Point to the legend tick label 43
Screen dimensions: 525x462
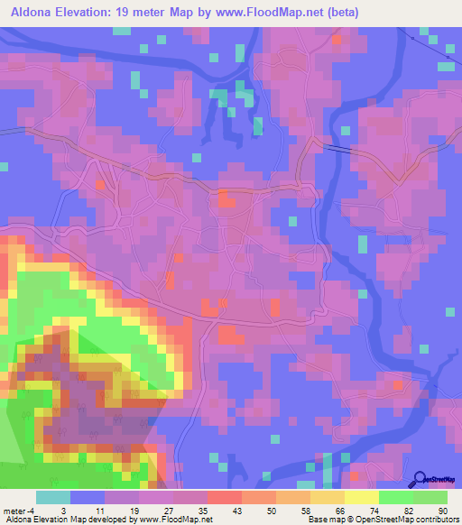pos(225,511)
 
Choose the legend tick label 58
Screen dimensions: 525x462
pos(293,511)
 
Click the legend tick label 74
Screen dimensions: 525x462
pos(362,511)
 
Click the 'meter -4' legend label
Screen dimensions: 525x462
pos(19,511)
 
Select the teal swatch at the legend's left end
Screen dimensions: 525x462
pos(53,497)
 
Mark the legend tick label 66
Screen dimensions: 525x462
pos(328,511)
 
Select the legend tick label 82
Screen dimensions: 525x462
pos(396,511)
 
